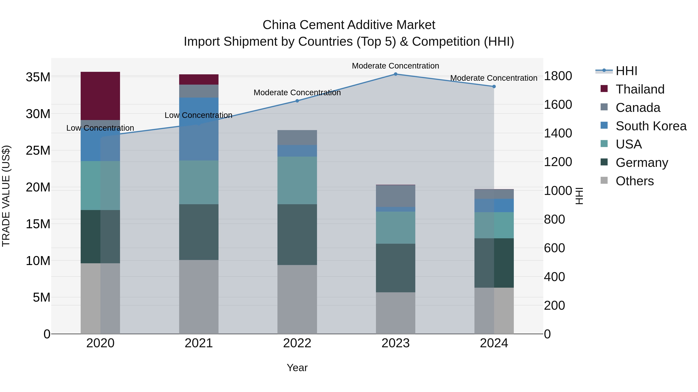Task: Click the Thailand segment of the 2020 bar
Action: click(x=100, y=96)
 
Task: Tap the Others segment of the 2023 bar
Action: click(x=395, y=313)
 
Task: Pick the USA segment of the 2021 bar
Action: click(x=199, y=182)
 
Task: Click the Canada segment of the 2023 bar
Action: click(x=395, y=196)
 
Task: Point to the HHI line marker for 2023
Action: click(x=395, y=74)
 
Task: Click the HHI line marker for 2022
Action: click(x=297, y=101)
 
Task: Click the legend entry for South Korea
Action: click(x=650, y=126)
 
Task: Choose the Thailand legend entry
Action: click(x=639, y=89)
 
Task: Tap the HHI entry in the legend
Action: click(x=626, y=71)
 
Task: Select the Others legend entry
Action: click(x=634, y=181)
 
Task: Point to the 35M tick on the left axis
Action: click(x=38, y=77)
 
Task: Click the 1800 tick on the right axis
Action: click(x=558, y=76)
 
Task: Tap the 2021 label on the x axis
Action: click(x=199, y=343)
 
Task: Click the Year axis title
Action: click(x=297, y=368)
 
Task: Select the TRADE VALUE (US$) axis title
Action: click(x=6, y=196)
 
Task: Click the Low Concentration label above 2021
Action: click(x=198, y=115)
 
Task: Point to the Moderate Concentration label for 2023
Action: click(x=395, y=66)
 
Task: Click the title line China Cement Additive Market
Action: click(x=349, y=25)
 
